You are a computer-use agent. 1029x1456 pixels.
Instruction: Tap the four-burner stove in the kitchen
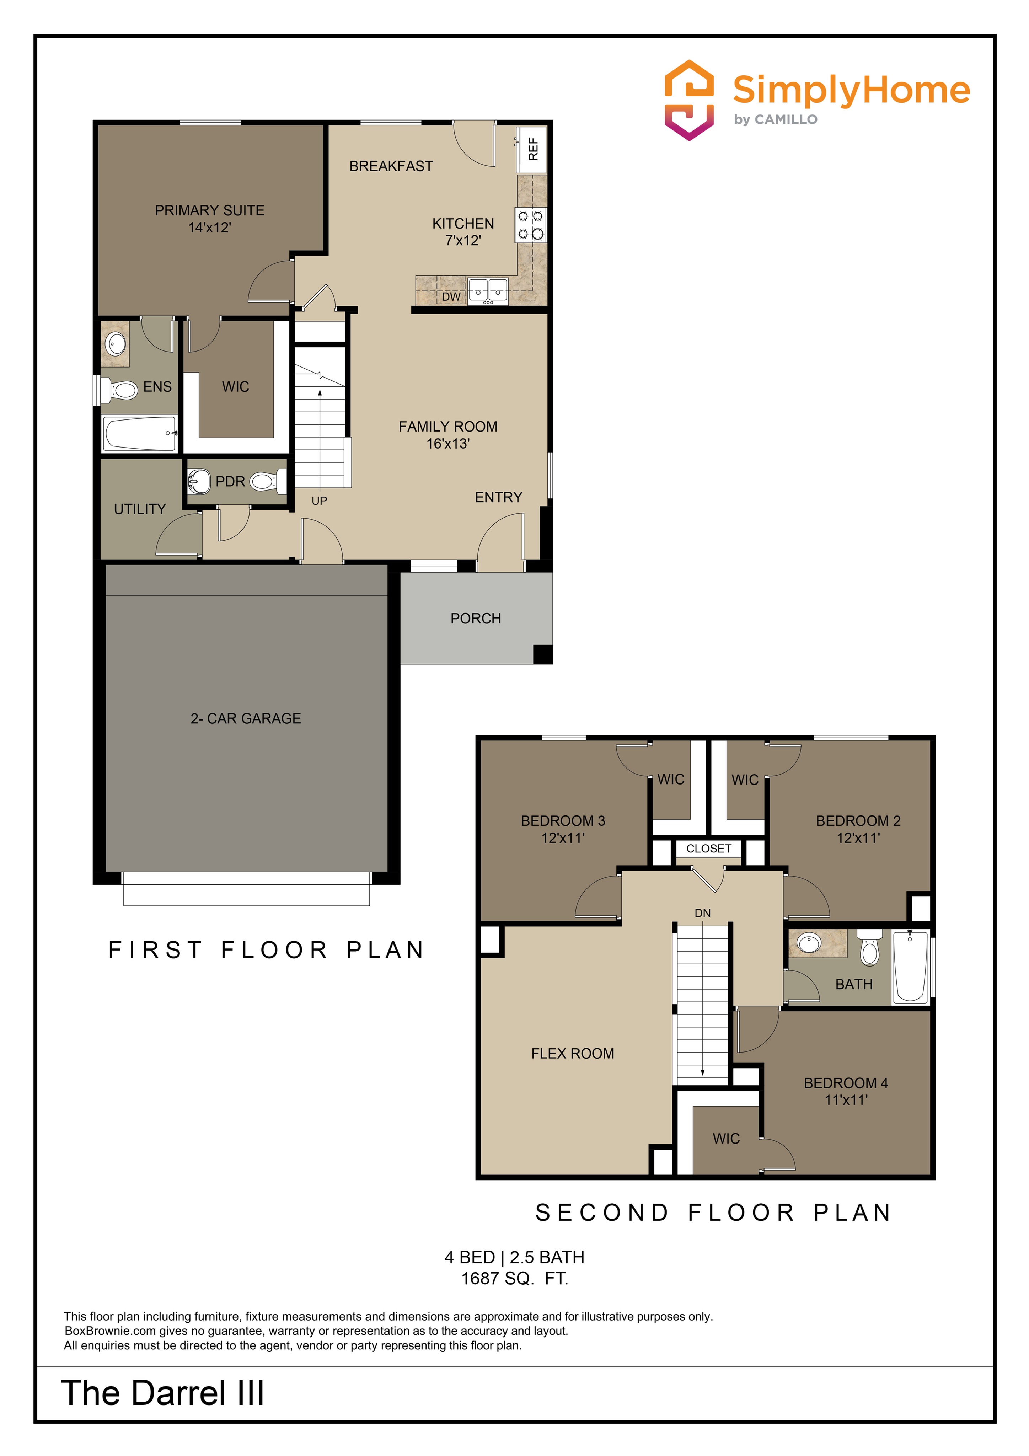(x=530, y=225)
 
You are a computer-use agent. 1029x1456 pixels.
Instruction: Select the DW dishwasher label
(x=451, y=297)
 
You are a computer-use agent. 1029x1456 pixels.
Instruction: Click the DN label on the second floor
(x=702, y=913)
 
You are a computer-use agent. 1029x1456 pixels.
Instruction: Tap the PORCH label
(x=476, y=618)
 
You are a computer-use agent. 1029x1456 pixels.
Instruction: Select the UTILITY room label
(x=139, y=509)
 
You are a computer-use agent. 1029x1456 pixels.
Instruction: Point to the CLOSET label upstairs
(x=708, y=849)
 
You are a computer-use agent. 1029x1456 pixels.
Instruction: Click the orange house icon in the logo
(x=688, y=100)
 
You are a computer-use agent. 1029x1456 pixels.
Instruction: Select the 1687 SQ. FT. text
(x=514, y=1278)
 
